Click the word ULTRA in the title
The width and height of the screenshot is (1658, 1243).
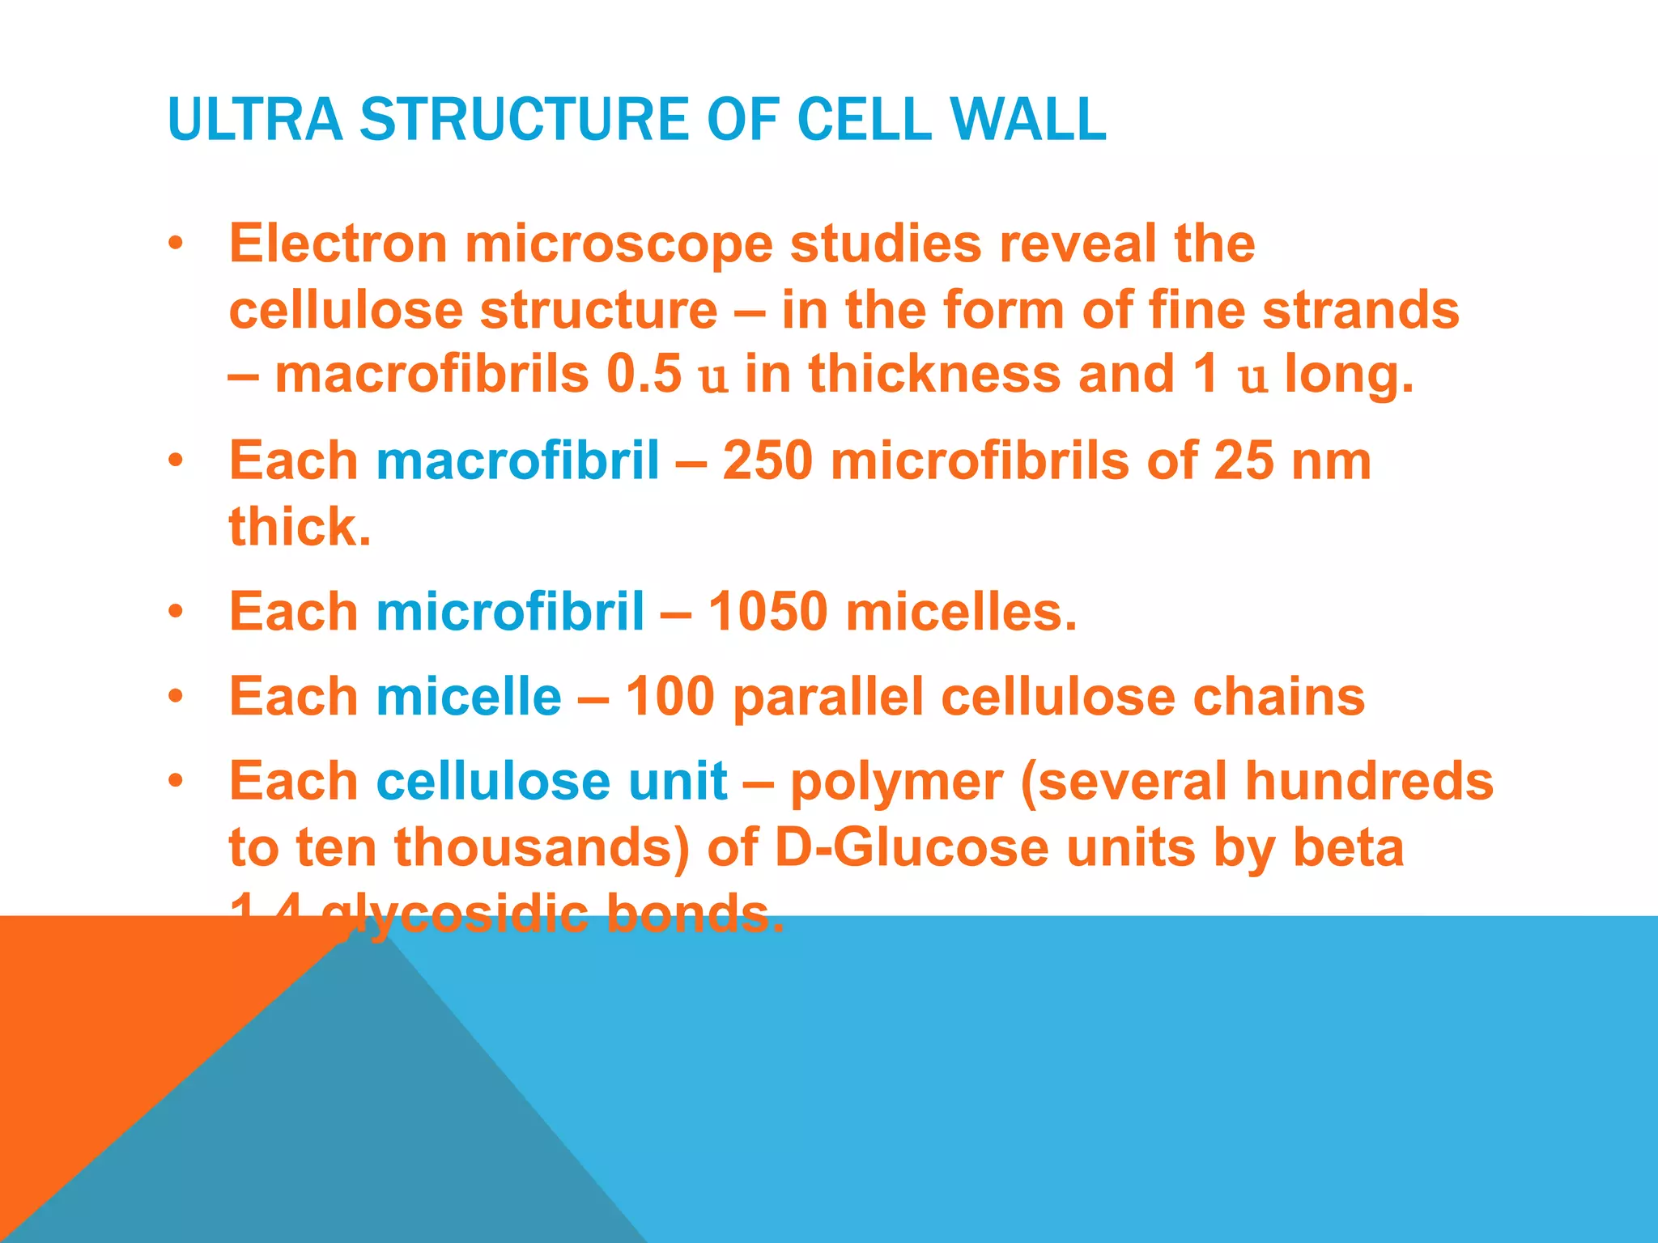point(255,119)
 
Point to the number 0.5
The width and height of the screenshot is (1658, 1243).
point(644,374)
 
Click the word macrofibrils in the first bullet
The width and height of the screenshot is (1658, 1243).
point(432,374)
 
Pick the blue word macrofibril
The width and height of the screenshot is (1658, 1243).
point(517,460)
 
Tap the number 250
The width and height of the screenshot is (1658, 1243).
point(767,460)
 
